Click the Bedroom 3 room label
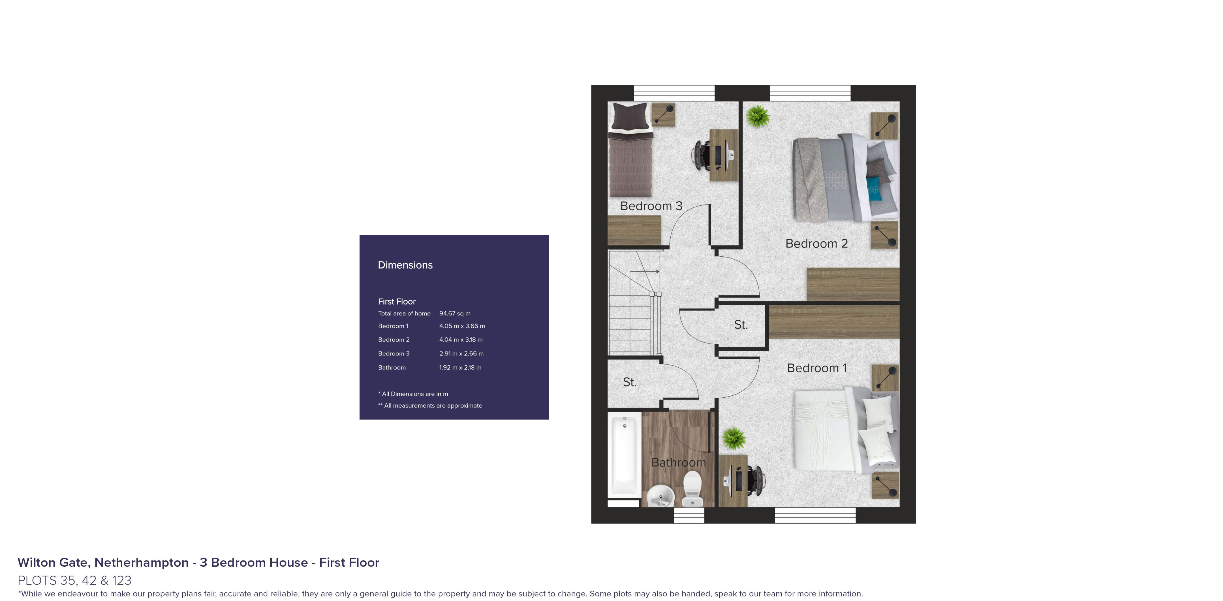651,206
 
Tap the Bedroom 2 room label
816,244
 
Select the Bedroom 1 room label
816,368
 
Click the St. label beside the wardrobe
741,325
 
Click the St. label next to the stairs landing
630,382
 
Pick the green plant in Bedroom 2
758,116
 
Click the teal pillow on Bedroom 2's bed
874,189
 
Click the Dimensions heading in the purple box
405,265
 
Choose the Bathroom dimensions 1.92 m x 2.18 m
460,368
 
